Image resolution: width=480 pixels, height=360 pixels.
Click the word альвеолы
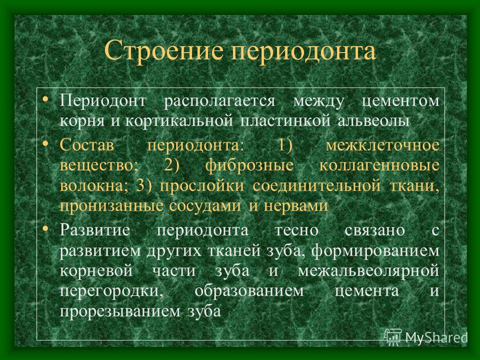pyautogui.click(x=373, y=120)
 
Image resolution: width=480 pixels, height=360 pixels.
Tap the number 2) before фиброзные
pyautogui.click(x=171, y=165)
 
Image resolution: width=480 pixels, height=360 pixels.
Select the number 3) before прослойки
pyautogui.click(x=143, y=186)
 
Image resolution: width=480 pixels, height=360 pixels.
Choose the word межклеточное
pyautogui.click(x=382, y=145)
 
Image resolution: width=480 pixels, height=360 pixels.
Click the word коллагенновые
pyautogui.click(x=379, y=165)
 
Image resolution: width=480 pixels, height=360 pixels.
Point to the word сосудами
pyautogui.click(x=205, y=205)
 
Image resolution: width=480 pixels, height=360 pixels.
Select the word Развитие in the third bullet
pyautogui.click(x=95, y=230)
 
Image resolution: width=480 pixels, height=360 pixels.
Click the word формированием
pyautogui.click(x=375, y=251)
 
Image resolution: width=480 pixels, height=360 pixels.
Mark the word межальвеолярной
pyautogui.click(x=368, y=271)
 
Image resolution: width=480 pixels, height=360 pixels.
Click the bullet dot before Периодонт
pyautogui.click(x=45, y=98)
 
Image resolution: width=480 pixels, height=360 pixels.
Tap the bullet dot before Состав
pyautogui.click(x=45, y=142)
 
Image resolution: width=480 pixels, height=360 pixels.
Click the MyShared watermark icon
pyautogui.click(x=393, y=337)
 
